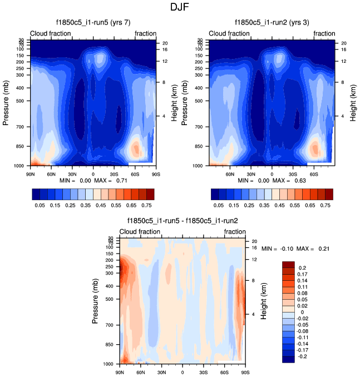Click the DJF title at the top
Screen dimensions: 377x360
(180, 8)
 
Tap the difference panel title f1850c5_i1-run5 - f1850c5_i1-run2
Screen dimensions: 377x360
(183, 221)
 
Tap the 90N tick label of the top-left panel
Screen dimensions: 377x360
(31, 173)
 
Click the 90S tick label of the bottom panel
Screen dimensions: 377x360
(244, 371)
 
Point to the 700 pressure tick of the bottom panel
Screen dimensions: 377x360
(109, 325)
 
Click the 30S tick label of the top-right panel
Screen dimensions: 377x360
(292, 173)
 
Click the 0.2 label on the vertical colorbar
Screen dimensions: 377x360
(302, 267)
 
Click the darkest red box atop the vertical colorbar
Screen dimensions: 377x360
(288, 264)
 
